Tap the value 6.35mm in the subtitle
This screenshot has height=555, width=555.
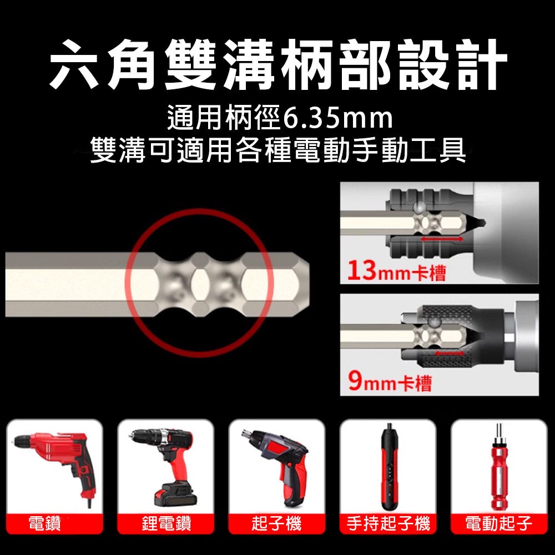(x=337, y=118)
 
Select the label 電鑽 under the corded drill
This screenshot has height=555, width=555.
(x=46, y=523)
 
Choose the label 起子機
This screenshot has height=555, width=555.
(x=276, y=523)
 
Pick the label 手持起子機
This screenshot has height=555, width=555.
(x=388, y=523)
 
